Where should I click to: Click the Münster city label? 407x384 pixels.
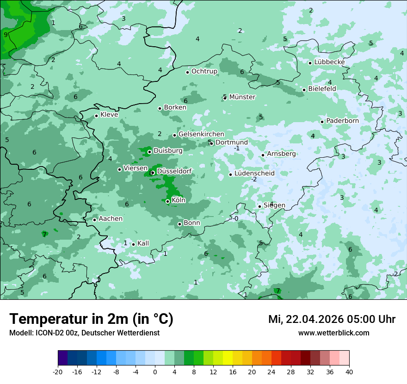(x=242, y=97)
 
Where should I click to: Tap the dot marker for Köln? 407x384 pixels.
(x=167, y=201)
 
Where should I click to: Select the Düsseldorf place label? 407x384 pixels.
(x=174, y=172)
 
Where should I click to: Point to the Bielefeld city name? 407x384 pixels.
(x=322, y=89)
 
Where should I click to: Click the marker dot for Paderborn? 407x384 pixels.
(x=322, y=122)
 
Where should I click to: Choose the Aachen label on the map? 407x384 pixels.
(x=111, y=219)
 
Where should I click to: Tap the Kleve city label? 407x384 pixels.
(x=109, y=115)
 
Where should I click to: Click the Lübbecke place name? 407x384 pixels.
(x=329, y=62)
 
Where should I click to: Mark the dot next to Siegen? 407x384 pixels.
(x=259, y=206)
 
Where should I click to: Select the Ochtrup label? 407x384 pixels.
(x=204, y=71)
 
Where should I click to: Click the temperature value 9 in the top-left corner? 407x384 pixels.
(x=6, y=35)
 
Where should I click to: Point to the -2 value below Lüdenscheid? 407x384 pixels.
(x=253, y=179)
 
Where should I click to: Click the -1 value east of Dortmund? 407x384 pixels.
(x=236, y=148)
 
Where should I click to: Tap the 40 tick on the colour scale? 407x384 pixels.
(x=349, y=372)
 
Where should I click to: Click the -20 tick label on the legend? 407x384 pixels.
(x=58, y=372)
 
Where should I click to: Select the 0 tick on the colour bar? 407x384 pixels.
(x=155, y=372)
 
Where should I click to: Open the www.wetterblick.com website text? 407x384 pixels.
(x=333, y=333)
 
